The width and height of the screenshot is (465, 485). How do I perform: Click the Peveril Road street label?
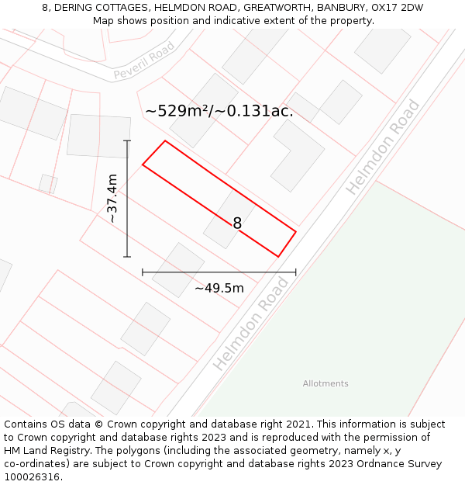coord(144,62)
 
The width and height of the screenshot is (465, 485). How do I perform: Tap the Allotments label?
coord(325,383)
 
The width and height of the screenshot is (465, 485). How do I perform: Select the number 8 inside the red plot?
coord(237,223)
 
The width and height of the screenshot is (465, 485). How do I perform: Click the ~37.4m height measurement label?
coord(112,199)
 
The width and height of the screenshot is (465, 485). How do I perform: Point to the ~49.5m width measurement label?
coord(219,289)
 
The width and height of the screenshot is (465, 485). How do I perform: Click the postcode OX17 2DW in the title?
coord(398,8)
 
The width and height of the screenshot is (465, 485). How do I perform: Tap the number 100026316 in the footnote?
coord(31,477)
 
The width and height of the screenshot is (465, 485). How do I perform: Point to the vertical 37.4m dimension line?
coord(128,199)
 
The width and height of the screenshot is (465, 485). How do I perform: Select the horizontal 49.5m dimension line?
coord(219,272)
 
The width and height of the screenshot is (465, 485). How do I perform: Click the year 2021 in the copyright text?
coord(298,424)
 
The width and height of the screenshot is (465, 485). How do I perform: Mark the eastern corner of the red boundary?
coord(295,230)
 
